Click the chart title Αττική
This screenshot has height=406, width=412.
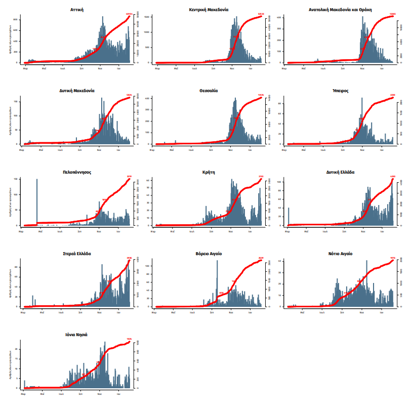click(77, 10)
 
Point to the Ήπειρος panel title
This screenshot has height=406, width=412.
click(340, 91)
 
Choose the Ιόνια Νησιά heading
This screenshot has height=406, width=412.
click(77, 335)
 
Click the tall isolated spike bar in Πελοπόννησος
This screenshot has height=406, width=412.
click(37, 202)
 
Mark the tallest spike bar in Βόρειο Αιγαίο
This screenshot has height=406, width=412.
click(217, 283)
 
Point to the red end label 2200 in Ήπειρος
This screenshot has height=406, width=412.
click(392, 95)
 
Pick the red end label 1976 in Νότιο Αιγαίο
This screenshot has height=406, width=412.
click(392, 258)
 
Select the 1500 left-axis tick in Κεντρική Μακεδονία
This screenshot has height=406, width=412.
click(147, 17)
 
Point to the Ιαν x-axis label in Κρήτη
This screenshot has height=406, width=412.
click(250, 231)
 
